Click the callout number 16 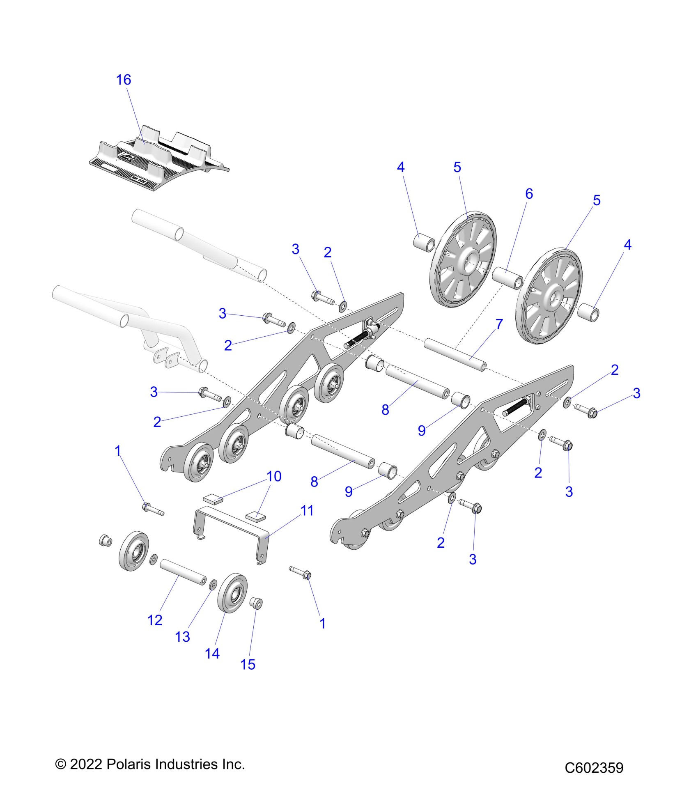point(124,80)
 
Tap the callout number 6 point(529,194)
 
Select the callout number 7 point(499,324)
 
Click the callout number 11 point(307,511)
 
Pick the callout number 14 point(212,654)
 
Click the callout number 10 point(274,477)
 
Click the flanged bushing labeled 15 point(257,604)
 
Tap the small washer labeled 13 point(213,585)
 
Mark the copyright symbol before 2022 point(60,764)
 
